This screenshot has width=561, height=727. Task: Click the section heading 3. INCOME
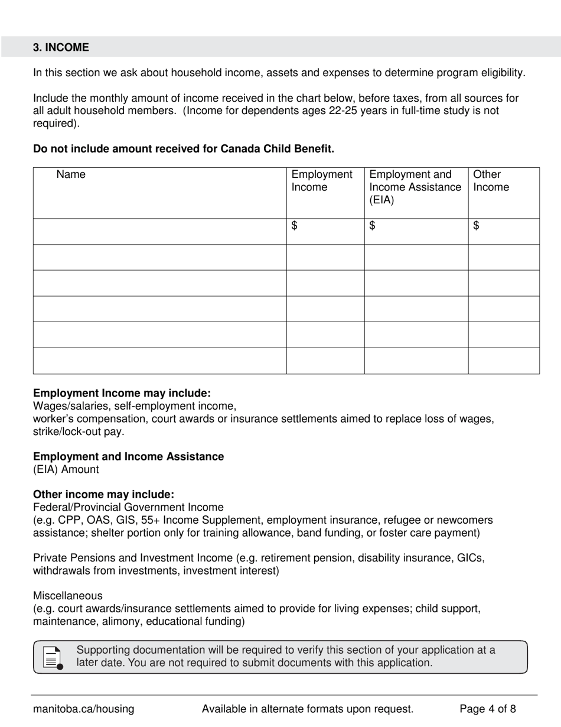point(61,47)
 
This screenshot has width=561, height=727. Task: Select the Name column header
point(71,174)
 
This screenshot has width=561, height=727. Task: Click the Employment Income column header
point(322,181)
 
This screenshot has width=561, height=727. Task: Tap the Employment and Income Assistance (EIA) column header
point(415,187)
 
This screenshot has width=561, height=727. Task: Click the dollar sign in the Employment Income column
point(295,225)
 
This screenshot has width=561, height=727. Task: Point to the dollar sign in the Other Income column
point(477,225)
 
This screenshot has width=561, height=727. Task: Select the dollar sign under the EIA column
point(373,225)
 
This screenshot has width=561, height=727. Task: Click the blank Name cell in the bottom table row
point(159,361)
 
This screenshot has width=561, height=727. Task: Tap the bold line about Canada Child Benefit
point(184,149)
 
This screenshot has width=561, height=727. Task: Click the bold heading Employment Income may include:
point(122,393)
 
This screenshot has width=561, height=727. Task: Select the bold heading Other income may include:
point(103,494)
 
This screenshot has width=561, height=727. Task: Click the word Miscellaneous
point(67,596)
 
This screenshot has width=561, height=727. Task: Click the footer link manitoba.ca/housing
point(83,709)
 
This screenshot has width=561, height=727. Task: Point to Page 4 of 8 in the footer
point(488,709)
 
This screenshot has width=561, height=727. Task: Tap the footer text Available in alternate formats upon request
point(308,709)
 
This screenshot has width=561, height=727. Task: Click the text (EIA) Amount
point(66,469)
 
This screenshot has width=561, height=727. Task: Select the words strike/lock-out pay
point(79,431)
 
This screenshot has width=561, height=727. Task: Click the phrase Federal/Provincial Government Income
point(128,507)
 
